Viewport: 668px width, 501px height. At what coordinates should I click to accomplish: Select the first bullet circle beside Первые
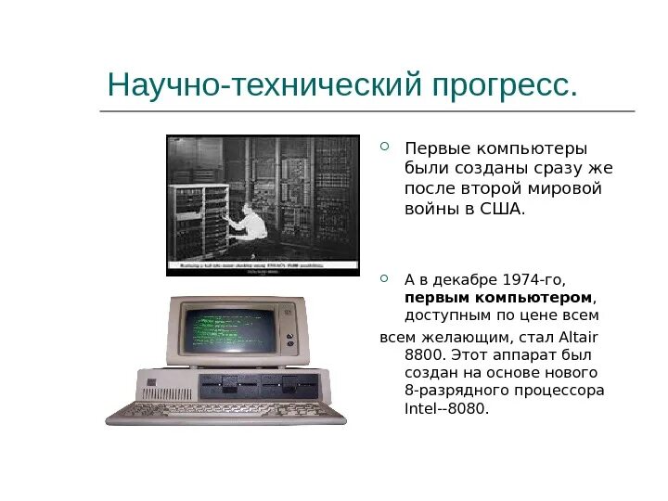387,145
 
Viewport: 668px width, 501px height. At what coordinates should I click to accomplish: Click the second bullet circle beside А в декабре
387,276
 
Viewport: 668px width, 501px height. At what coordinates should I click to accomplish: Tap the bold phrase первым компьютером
498,297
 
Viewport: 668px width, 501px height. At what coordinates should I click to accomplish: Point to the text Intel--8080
446,408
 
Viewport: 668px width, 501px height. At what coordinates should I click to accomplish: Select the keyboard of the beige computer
223,411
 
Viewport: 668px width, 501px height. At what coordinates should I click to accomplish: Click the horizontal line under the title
366,111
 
